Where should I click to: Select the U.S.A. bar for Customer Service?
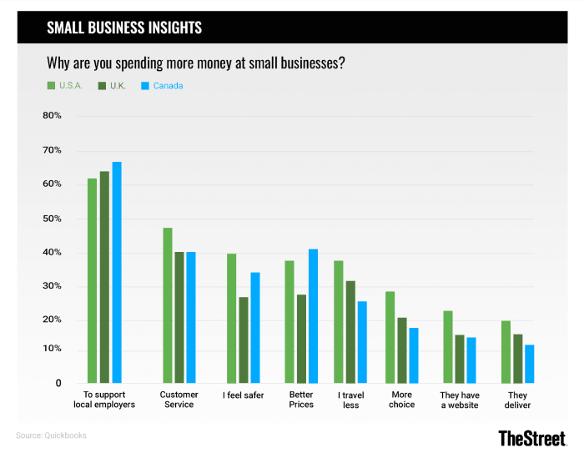(168, 305)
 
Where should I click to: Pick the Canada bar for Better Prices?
(313, 316)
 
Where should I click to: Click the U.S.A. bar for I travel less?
(338, 322)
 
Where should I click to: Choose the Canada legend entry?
(163, 85)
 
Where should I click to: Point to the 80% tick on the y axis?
(52, 116)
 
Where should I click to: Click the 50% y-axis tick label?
(52, 219)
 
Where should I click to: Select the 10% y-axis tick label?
(52, 349)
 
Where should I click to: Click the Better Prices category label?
(301, 400)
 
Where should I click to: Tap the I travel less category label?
(350, 400)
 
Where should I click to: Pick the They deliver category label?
(518, 400)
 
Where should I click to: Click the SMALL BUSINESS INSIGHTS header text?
(124, 28)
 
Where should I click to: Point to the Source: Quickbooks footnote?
(51, 435)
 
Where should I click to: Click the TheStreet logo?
(531, 437)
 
